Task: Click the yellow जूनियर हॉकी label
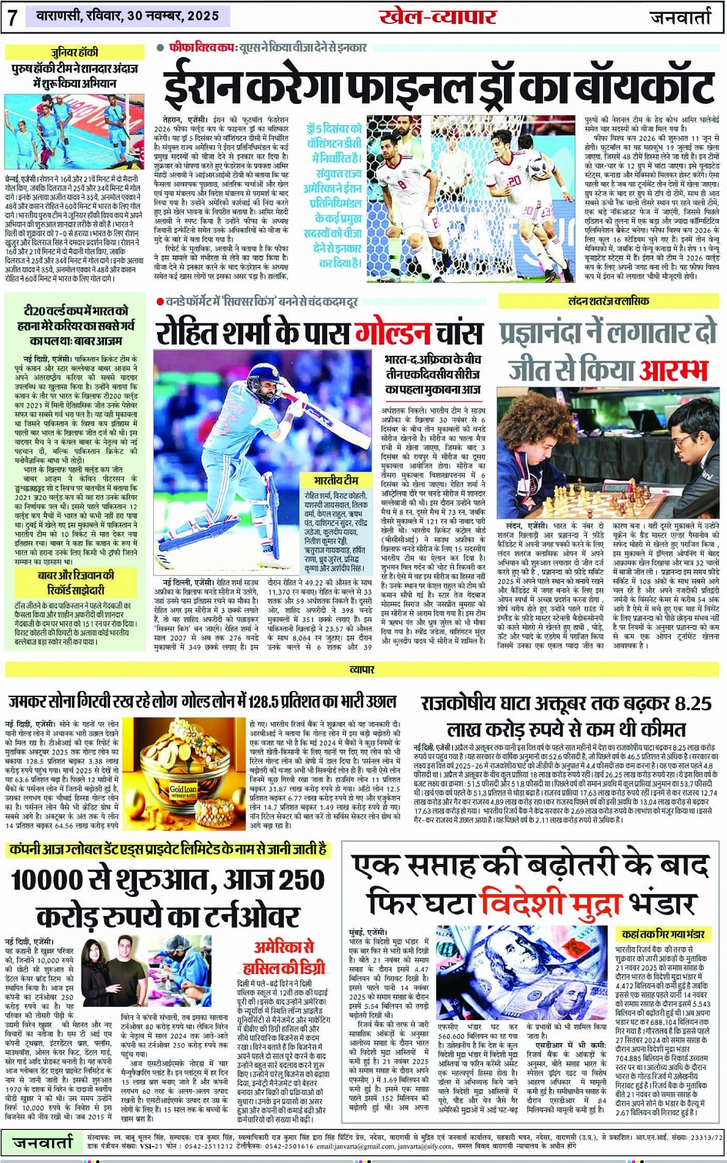point(75,52)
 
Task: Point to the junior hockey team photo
point(74,131)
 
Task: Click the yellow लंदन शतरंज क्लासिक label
point(609,301)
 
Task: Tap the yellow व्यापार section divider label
point(362,670)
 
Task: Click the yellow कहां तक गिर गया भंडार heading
point(664,934)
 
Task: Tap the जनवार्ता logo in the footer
point(43,1142)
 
